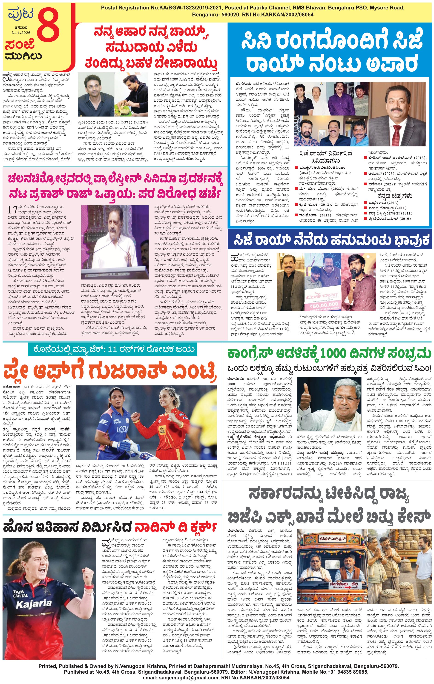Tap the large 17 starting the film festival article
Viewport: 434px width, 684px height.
[x=12, y=210]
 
